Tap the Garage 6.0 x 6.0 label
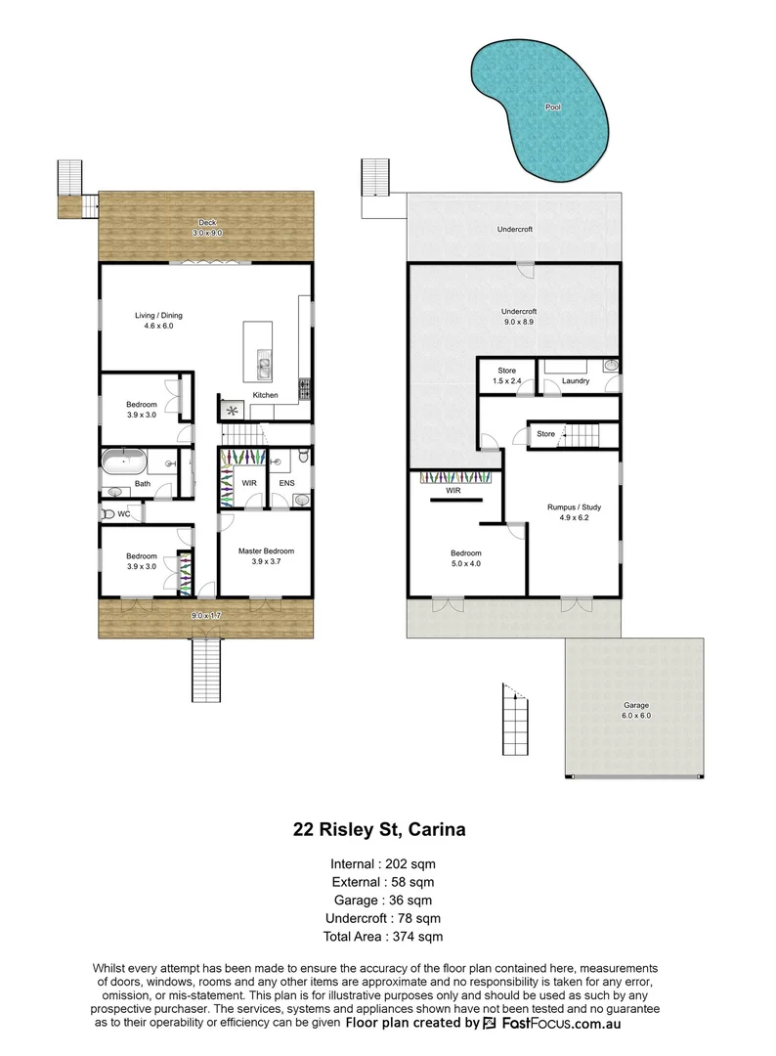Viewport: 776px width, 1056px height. pos(636,710)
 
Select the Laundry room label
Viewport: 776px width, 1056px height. pos(577,381)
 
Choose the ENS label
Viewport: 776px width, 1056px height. pos(286,483)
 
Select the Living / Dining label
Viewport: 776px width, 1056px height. pos(158,322)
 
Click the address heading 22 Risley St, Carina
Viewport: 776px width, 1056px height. pos(379,830)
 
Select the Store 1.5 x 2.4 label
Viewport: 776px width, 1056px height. pos(506,375)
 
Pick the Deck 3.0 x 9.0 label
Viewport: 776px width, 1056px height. pos(206,228)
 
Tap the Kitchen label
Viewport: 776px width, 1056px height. pos(266,395)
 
